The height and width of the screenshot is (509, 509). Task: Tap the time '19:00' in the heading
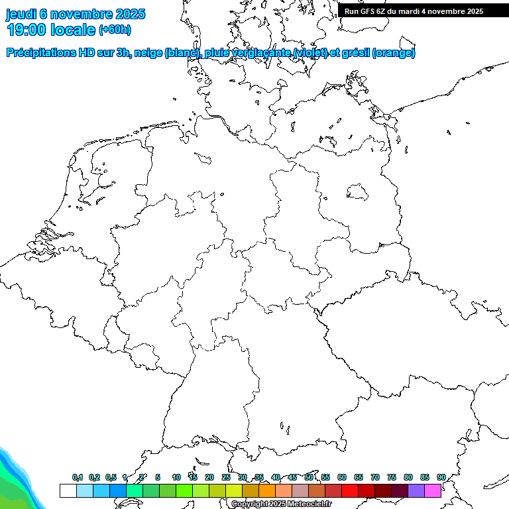pos(27,30)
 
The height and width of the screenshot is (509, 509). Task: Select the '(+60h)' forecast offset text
pos(115,30)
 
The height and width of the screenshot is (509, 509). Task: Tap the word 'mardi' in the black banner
pos(418,11)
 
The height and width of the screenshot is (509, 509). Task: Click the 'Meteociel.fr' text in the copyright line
pos(309,504)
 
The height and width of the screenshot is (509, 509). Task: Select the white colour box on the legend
pos(68,491)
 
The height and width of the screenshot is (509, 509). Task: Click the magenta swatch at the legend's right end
pos(433,491)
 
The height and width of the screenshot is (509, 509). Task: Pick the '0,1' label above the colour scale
pos(78,477)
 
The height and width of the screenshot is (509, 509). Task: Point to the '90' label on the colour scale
pos(441,477)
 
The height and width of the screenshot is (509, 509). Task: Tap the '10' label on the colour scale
pos(176,477)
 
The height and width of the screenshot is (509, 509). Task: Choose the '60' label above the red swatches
pos(342,477)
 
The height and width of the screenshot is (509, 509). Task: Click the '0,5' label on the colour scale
pos(111,477)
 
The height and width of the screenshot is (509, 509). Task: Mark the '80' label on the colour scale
pos(408,477)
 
